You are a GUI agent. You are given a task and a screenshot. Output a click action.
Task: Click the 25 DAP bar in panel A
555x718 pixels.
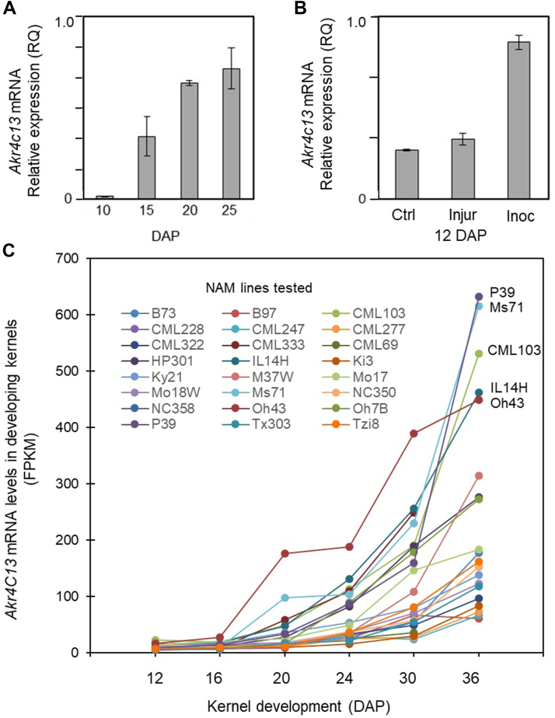click(x=232, y=134)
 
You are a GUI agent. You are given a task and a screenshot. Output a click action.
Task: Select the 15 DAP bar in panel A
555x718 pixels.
click(x=147, y=168)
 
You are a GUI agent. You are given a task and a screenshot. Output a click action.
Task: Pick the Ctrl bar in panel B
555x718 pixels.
click(x=407, y=175)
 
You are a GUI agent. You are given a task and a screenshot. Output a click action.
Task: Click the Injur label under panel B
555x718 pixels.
click(x=462, y=214)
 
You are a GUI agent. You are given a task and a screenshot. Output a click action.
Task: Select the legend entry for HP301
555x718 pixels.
click(x=158, y=361)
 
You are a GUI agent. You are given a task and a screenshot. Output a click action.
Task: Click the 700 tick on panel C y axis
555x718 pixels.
click(x=68, y=259)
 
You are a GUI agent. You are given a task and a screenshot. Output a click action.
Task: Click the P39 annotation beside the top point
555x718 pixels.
click(x=502, y=292)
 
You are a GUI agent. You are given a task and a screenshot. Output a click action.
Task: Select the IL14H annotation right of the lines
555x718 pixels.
click(x=508, y=388)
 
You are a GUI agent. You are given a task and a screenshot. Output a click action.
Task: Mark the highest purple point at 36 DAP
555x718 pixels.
click(x=479, y=297)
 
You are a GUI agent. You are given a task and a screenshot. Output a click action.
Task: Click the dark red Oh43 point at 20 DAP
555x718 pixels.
click(x=284, y=553)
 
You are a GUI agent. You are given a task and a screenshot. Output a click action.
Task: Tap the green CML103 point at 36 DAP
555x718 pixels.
click(x=479, y=354)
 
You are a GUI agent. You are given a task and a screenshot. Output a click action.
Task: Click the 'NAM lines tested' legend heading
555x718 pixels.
click(x=259, y=288)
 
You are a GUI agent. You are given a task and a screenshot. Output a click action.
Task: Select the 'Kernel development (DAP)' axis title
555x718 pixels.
click(x=298, y=706)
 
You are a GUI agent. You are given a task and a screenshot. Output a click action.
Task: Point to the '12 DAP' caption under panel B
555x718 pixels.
click(x=459, y=235)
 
